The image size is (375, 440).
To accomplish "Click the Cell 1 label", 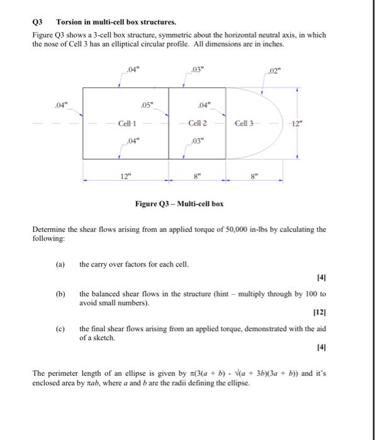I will coord(128,123).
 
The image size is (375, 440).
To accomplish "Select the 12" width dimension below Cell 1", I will coord(124,179).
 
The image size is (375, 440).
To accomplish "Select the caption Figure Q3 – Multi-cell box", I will coord(179,204).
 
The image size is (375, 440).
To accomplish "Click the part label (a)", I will coord(60,265).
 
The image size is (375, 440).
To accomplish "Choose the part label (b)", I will coord(60,294).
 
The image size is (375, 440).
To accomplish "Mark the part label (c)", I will coord(60,329).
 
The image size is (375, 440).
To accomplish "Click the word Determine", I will coord(50,229).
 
